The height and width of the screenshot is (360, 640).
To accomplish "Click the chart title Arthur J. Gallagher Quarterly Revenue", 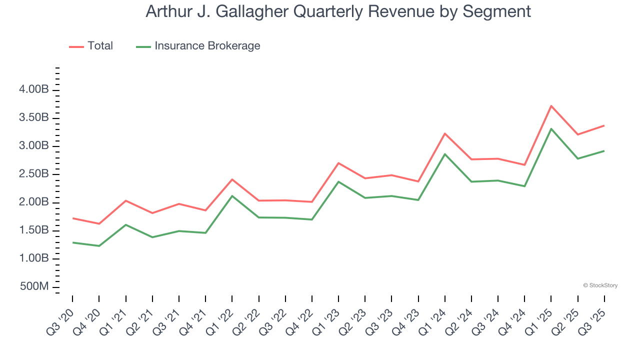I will pos(338,11).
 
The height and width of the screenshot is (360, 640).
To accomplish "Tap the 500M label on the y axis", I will pos(34,287).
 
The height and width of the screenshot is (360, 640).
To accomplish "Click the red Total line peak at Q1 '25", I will pos(551,106).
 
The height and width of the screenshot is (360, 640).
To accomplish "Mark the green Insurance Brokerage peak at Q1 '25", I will pos(551,129).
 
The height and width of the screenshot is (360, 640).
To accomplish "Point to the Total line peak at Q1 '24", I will pos(444,133).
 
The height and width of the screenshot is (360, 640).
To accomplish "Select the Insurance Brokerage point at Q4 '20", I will pos(99,246).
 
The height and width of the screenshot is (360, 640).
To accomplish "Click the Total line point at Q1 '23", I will pos(338,163).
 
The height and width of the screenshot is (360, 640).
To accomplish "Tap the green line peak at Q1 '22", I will pos(232,196).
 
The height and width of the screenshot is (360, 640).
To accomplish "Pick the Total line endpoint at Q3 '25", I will pos(604,125).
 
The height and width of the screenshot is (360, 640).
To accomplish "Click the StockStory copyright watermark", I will pos(600,285).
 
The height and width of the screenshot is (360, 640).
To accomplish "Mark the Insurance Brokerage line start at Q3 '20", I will pos(72,242).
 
